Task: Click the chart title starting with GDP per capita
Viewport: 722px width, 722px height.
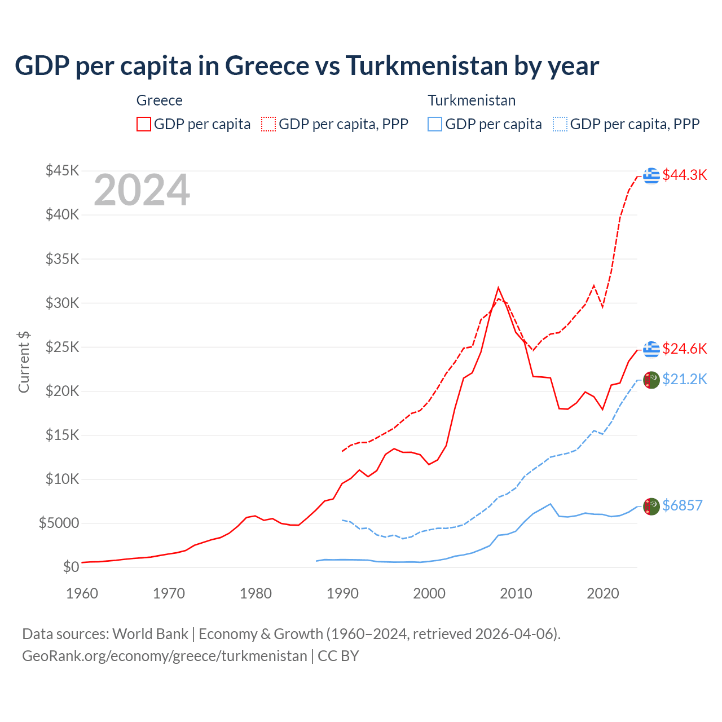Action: (x=307, y=66)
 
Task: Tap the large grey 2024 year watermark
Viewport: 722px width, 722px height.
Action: (x=142, y=191)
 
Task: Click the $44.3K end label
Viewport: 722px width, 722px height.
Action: (x=684, y=175)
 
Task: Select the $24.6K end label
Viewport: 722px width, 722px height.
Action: (x=684, y=349)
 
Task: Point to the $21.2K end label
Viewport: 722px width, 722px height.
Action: (x=684, y=380)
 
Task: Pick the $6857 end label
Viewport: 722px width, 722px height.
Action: (x=682, y=506)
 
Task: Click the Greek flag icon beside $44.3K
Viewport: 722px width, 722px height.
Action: (x=651, y=175)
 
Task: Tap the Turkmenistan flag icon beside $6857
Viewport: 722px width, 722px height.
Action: (x=651, y=507)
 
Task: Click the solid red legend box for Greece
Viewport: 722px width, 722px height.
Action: (x=144, y=124)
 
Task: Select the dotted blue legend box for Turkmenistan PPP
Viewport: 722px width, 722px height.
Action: (x=560, y=124)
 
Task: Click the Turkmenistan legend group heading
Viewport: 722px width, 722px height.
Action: (x=472, y=101)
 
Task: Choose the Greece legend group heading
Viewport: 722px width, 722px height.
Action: (x=160, y=101)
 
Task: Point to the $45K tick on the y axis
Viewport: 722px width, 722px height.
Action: (x=62, y=171)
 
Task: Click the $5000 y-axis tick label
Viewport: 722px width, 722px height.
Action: (x=59, y=523)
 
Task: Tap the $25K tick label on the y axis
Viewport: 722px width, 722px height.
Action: (x=62, y=347)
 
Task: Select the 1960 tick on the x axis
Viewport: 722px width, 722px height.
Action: (x=82, y=593)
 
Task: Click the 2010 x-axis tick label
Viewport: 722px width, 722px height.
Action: (x=516, y=593)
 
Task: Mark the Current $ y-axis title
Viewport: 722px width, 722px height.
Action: (x=24, y=362)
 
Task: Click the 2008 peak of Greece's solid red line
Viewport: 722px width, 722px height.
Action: (x=498, y=288)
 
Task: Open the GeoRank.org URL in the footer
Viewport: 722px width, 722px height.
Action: (x=164, y=656)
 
